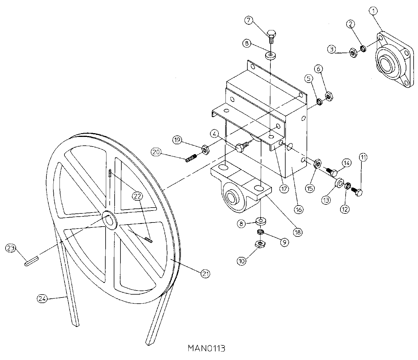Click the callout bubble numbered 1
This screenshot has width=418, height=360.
coord(373,11)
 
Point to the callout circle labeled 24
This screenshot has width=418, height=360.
coord(41,298)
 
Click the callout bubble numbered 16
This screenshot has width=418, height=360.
coord(298,209)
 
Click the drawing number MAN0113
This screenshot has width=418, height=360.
coord(207,348)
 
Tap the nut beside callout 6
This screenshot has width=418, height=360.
coord(329,95)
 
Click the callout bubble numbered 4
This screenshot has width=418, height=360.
coord(214,134)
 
